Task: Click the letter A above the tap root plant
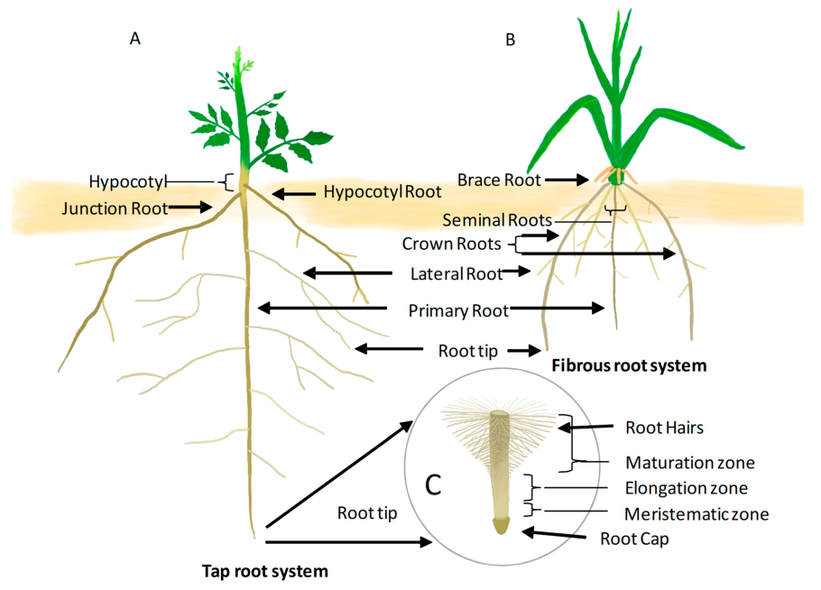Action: point(135,39)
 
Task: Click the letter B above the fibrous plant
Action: point(512,40)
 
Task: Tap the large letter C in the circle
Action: point(433,484)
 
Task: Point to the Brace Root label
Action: point(499,180)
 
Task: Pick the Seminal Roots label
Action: point(497,219)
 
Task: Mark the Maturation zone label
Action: point(690,463)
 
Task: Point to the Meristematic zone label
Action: point(696,514)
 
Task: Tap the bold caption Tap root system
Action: point(263,570)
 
